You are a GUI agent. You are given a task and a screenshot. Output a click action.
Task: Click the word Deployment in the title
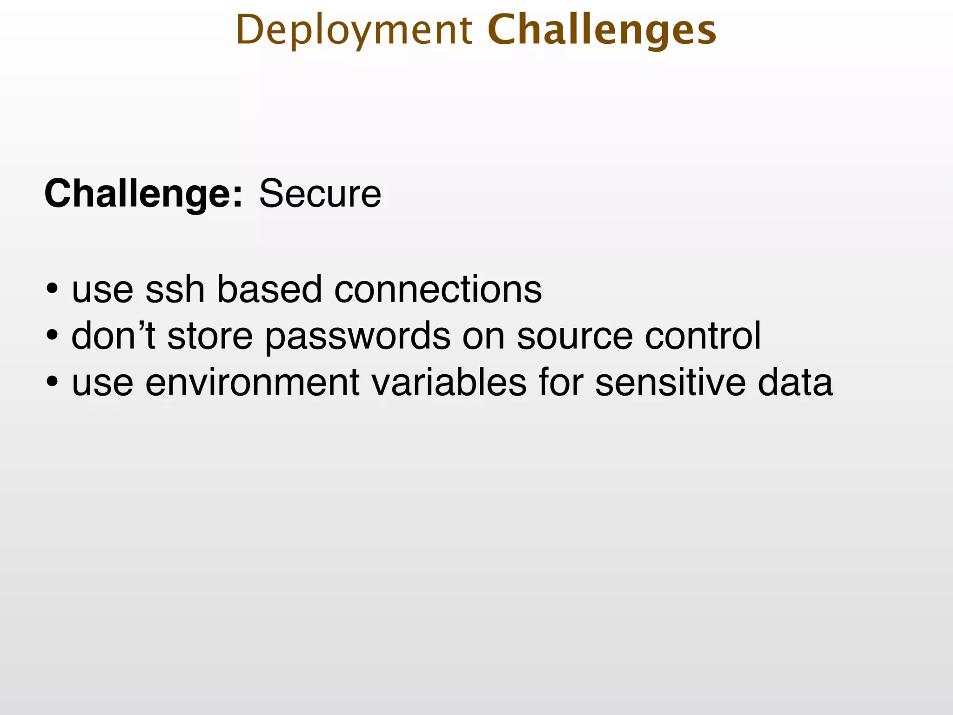pyautogui.click(x=354, y=31)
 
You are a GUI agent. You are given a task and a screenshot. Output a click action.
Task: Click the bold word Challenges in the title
pyautogui.click(x=602, y=31)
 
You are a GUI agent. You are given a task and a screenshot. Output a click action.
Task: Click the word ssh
pyautogui.click(x=175, y=289)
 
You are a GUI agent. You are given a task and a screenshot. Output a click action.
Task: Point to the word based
pyautogui.click(x=269, y=289)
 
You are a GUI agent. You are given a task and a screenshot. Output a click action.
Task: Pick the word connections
pyautogui.click(x=438, y=289)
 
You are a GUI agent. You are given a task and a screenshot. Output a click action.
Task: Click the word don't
pyautogui.click(x=113, y=336)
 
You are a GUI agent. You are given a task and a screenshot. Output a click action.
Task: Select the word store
pyautogui.click(x=210, y=336)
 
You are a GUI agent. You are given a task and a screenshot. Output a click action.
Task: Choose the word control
pyautogui.click(x=703, y=336)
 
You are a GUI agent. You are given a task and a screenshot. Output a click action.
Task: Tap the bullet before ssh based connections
pyautogui.click(x=52, y=290)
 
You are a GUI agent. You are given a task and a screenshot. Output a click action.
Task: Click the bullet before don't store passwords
pyautogui.click(x=52, y=337)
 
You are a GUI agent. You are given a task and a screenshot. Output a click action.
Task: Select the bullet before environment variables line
pyautogui.click(x=52, y=383)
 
